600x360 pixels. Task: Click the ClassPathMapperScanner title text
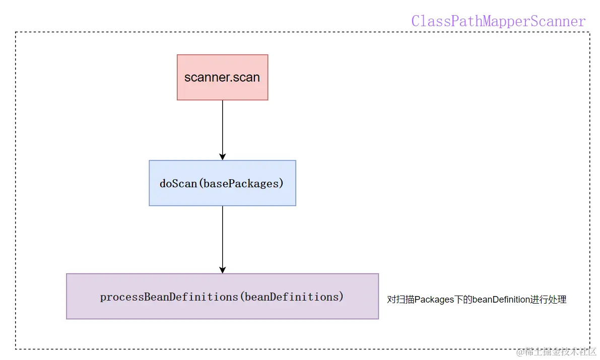point(498,21)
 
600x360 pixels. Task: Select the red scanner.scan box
point(222,78)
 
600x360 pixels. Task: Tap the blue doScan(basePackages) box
point(222,183)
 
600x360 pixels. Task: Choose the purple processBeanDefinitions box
point(222,297)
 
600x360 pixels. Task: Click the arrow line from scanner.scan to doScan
point(222,126)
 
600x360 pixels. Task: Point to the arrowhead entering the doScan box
point(222,156)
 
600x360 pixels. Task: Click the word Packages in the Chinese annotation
point(434,300)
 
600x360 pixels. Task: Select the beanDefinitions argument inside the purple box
point(291,297)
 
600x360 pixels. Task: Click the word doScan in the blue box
point(178,183)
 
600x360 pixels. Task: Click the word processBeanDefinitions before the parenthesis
point(168,297)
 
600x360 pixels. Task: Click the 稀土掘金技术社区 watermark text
point(561,351)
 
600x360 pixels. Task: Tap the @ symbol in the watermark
point(520,351)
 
